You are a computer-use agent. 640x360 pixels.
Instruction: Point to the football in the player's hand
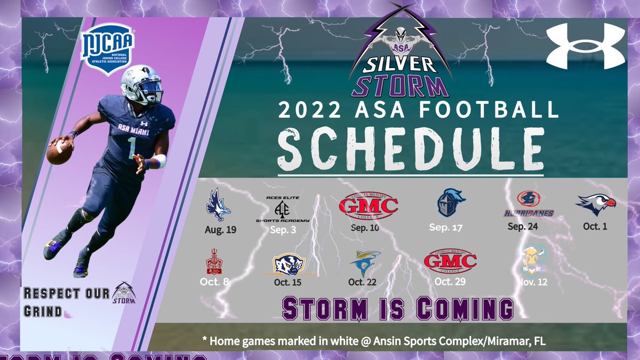pyautogui.click(x=59, y=151)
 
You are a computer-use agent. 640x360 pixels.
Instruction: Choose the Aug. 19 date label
pyautogui.click(x=220, y=230)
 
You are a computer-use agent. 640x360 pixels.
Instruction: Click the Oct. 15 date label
pyautogui.click(x=289, y=282)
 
